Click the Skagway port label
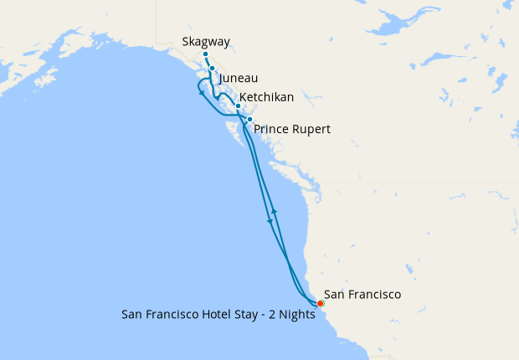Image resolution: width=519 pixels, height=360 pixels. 206,41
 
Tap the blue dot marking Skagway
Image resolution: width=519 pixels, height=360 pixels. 205,54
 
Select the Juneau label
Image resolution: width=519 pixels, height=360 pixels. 238,78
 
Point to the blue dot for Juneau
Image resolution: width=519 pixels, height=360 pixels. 212,69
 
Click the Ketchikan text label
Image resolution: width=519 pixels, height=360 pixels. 266,98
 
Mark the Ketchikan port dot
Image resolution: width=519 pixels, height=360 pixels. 238,106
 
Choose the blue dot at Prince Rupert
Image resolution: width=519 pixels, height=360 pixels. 249,120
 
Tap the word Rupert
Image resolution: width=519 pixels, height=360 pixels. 311,130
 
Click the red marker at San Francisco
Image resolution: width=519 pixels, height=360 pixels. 321,303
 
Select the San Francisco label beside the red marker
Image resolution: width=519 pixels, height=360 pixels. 362,295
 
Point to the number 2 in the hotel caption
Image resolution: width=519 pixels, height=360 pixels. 270,316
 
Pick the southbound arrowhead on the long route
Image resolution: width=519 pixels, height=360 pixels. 270,221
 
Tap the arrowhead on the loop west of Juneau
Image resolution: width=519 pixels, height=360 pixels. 201,93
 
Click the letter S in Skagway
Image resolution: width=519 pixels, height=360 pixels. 186,41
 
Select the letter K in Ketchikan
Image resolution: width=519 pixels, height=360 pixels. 244,98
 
